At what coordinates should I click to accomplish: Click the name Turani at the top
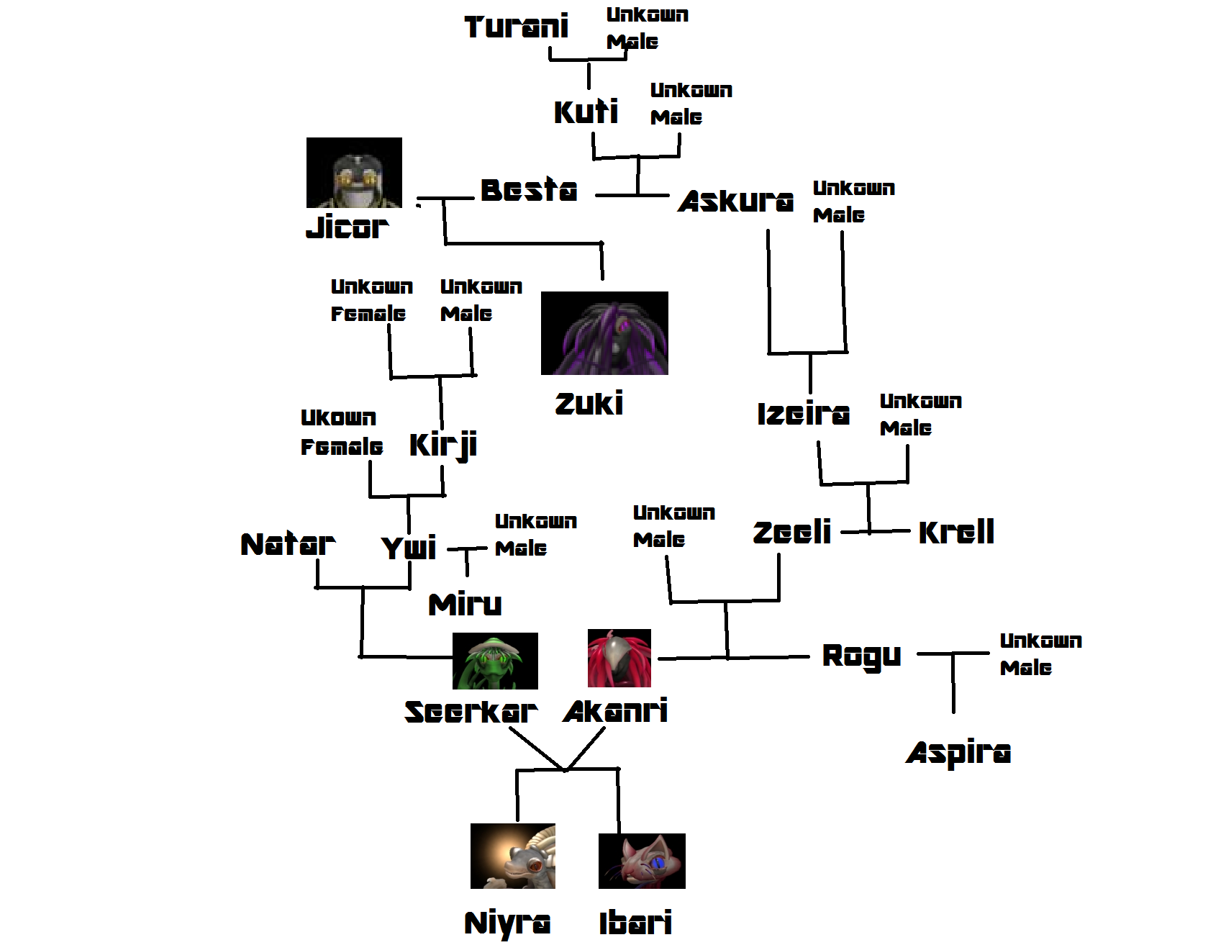516,27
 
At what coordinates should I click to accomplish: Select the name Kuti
586,112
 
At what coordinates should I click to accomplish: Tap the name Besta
529,191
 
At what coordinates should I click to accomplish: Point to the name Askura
735,202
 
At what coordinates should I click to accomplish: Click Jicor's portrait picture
354,173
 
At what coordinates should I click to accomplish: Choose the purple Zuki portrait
604,333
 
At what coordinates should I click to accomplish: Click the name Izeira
803,414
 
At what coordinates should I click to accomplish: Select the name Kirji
443,445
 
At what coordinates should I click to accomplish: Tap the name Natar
288,545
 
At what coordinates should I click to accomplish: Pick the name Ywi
409,548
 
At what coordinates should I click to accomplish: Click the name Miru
465,605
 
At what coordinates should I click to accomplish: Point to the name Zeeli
792,533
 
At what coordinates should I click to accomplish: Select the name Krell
956,533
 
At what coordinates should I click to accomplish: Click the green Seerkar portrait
495,661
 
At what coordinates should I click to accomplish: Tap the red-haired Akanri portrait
619,659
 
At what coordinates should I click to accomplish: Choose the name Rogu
861,656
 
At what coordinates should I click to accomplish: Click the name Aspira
958,754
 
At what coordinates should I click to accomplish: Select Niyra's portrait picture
513,856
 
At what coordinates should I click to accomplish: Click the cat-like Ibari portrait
642,861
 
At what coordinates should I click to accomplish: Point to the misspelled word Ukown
338,418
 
